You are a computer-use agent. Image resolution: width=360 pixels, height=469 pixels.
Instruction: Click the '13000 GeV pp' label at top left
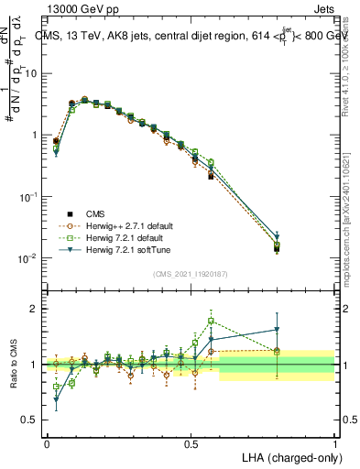point(77,9)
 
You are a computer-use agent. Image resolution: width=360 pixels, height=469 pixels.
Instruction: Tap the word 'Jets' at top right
point(322,9)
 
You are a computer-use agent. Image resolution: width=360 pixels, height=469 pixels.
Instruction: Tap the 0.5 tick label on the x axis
point(191,442)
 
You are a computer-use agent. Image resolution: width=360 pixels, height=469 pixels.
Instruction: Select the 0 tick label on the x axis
point(47,442)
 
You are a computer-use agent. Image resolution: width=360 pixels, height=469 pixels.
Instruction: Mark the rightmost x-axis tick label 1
point(334,442)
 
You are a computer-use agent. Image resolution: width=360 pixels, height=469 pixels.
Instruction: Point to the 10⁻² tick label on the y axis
point(32,258)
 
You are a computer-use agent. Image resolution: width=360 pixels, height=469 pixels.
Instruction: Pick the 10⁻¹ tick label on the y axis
point(32,196)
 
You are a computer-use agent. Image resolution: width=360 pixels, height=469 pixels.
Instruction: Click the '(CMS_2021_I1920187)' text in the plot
point(191,273)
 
